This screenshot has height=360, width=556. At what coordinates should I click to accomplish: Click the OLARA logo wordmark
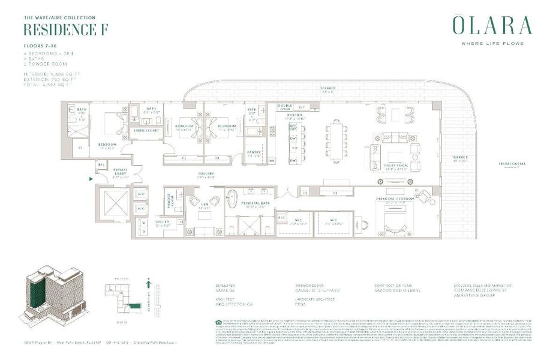tap(491, 26)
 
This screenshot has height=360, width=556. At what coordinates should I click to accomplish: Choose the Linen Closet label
tap(146, 130)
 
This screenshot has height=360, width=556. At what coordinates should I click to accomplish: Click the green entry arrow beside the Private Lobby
tap(91, 178)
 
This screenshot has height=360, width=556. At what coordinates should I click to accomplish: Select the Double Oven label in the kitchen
tap(284, 107)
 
